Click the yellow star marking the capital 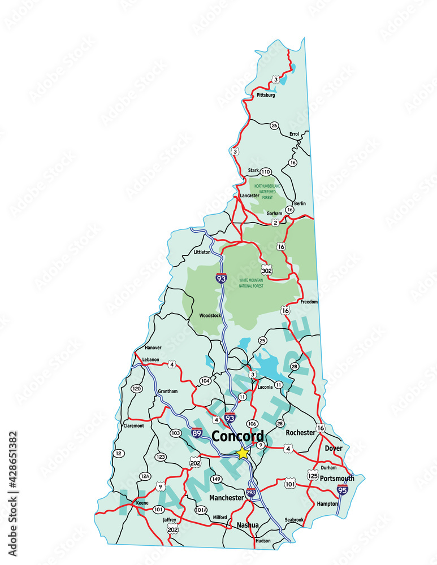pyautogui.click(x=243, y=453)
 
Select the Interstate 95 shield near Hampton pyautogui.click(x=342, y=490)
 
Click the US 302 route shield pyautogui.click(x=267, y=271)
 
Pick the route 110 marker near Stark pyautogui.click(x=266, y=172)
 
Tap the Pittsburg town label pyautogui.click(x=266, y=95)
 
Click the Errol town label pyautogui.click(x=294, y=134)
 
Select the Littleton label pyautogui.click(x=202, y=252)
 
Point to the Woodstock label pyautogui.click(x=210, y=315)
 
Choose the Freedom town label pyautogui.click(x=309, y=302)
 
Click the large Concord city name pyautogui.click(x=237, y=436)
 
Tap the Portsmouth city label pyautogui.click(x=337, y=478)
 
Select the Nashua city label pyautogui.click(x=248, y=525)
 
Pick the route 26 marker pyautogui.click(x=274, y=125)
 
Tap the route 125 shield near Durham pyautogui.click(x=313, y=475)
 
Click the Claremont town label pyautogui.click(x=133, y=425)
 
